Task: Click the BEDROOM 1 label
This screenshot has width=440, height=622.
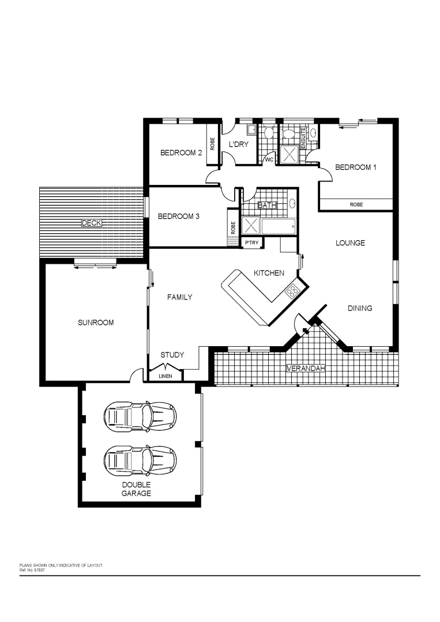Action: point(355,168)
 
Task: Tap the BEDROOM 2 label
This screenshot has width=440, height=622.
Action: point(180,153)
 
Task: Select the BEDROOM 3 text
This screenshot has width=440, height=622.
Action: point(178,217)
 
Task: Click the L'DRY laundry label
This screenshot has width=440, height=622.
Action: point(238,144)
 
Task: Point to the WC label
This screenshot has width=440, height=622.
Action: point(268,160)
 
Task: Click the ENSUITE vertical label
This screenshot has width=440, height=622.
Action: point(303,139)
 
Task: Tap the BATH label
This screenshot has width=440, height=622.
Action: point(267,206)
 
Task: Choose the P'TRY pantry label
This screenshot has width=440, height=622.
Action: point(251,243)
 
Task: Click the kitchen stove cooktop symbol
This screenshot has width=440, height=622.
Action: point(292,290)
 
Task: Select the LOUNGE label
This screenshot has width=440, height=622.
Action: point(350,243)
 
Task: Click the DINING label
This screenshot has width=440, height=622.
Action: point(359,309)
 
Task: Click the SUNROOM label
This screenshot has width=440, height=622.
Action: point(96,323)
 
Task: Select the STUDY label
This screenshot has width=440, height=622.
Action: point(172,355)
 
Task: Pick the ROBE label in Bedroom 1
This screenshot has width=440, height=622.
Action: point(356,204)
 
